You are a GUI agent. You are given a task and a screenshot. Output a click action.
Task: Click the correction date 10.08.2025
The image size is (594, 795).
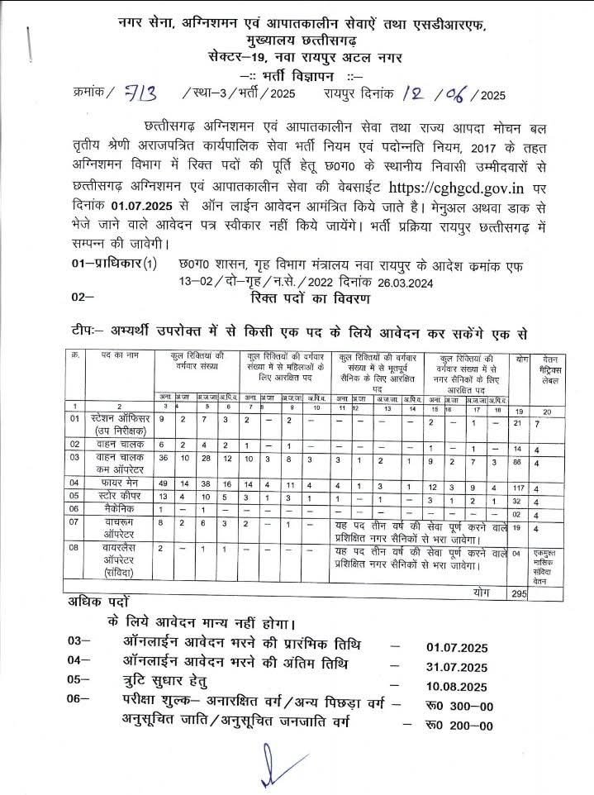click(457, 686)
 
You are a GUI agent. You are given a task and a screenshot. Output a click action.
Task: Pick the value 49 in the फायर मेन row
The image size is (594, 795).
click(164, 481)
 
